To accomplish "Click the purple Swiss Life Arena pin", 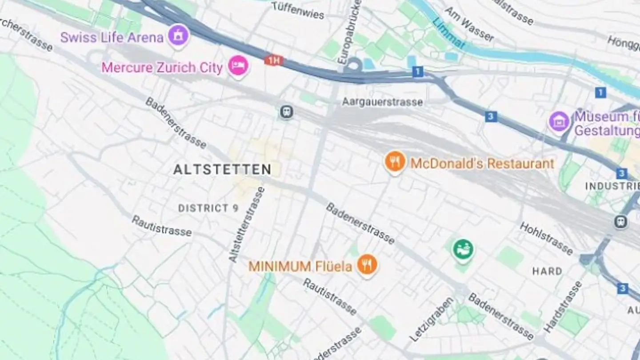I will coord(179,35).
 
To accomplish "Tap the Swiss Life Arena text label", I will coord(112,37).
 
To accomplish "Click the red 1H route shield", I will coord(274,60).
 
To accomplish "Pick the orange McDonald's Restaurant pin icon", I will coord(395,161).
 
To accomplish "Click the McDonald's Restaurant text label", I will coord(482,164).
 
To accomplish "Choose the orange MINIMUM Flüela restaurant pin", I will coord(367,265).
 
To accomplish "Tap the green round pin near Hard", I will coord(463,249).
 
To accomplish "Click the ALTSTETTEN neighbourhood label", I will coord(222,169).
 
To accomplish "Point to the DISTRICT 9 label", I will coord(208,208).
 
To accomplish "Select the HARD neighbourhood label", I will coord(547,271).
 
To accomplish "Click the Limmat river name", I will coord(449,33).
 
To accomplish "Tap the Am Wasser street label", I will coord(469,24).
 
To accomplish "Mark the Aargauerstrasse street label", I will coord(382,102).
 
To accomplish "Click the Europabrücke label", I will coord(351,32).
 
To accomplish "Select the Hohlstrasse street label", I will coord(546,239).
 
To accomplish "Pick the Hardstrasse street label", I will coord(563,307).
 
